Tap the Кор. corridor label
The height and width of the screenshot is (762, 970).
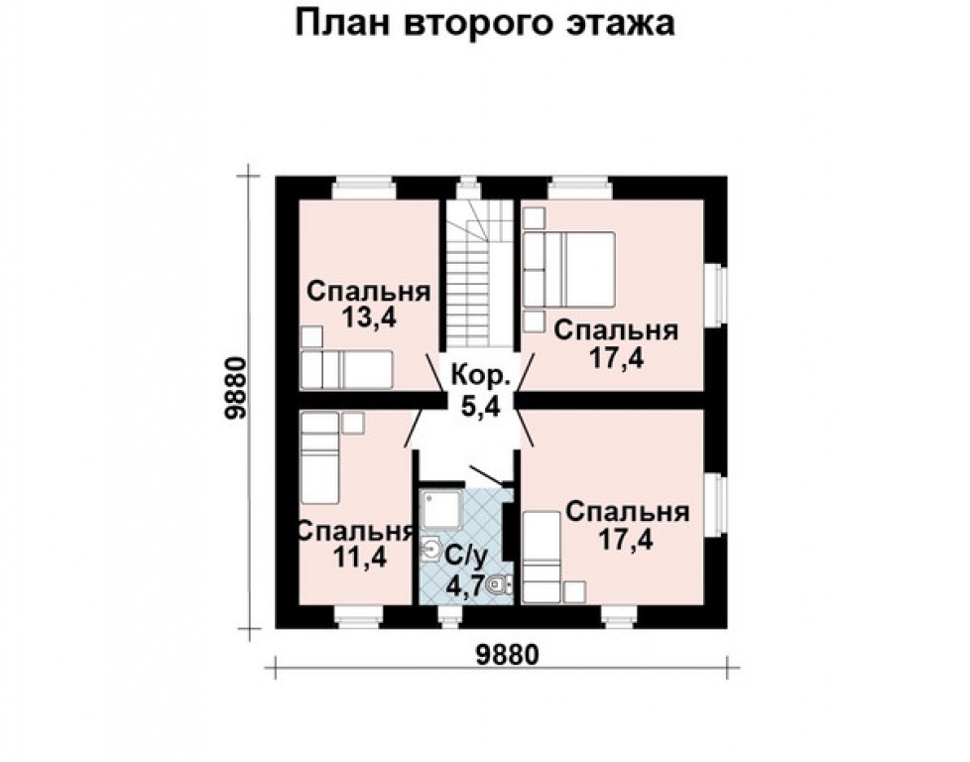[x=481, y=376]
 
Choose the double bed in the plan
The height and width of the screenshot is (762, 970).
[x=583, y=268]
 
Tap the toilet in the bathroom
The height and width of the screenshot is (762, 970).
[x=501, y=585]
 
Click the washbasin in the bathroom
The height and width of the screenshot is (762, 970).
[x=433, y=550]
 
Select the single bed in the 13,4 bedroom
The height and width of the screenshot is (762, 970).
[x=347, y=369]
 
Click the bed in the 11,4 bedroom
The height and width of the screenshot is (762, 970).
[x=320, y=466]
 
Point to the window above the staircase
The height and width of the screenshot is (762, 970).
[x=467, y=186]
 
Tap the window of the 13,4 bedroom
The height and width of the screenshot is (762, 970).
[x=363, y=187]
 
